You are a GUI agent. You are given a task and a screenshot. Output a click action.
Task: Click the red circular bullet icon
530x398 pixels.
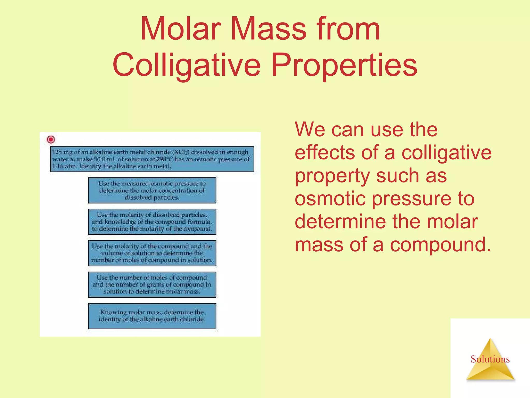pos(51,139)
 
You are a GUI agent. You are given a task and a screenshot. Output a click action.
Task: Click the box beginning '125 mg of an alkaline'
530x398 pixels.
pos(152,159)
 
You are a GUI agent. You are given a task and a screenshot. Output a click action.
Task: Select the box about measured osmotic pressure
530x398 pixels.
pos(152,190)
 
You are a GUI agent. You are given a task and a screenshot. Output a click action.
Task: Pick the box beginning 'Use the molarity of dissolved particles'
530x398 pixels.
pos(152,222)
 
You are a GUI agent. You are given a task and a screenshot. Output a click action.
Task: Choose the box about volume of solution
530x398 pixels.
pos(152,253)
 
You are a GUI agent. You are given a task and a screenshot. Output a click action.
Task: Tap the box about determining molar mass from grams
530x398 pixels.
pos(152,285)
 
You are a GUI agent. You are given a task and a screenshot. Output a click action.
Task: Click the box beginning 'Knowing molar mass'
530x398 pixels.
pos(152,316)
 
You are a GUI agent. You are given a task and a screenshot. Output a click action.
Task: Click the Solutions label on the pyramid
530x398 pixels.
pos(490,359)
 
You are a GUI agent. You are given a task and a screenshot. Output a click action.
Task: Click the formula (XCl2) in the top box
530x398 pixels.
pos(181,152)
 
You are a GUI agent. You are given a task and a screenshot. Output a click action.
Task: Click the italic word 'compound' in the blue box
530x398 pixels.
pos(197,229)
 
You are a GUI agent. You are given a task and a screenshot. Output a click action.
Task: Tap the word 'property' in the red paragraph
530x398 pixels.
pos(332,176)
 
